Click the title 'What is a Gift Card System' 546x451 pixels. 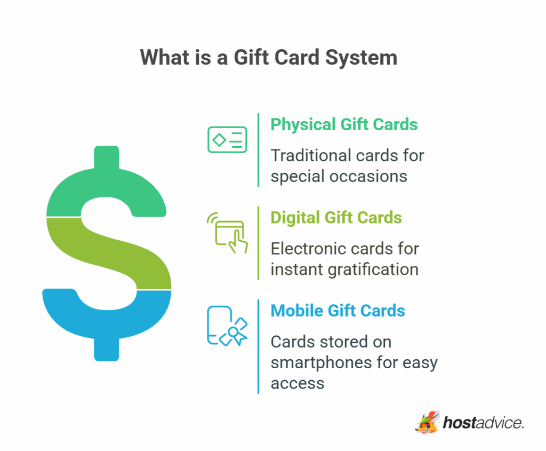pyautogui.click(x=269, y=57)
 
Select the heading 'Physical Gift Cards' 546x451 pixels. pyautogui.click(x=344, y=124)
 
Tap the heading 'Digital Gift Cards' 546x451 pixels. pyautogui.click(x=336, y=218)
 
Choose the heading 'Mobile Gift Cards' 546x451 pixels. pyautogui.click(x=338, y=311)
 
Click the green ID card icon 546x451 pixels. pyautogui.click(x=227, y=140)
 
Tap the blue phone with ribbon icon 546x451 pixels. pyautogui.click(x=227, y=326)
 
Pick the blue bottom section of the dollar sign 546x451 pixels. pyautogui.click(x=107, y=315)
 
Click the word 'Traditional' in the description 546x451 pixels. pyautogui.click(x=308, y=155)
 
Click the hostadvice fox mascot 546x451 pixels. pyautogui.click(x=428, y=422)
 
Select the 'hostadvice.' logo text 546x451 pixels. pyautogui.click(x=484, y=423)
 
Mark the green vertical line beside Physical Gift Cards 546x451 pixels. pyautogui.click(x=259, y=149)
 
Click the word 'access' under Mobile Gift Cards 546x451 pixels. pyautogui.click(x=297, y=383)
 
